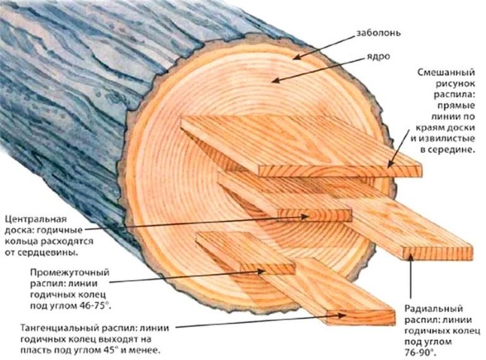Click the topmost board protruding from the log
click(x=297, y=142)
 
